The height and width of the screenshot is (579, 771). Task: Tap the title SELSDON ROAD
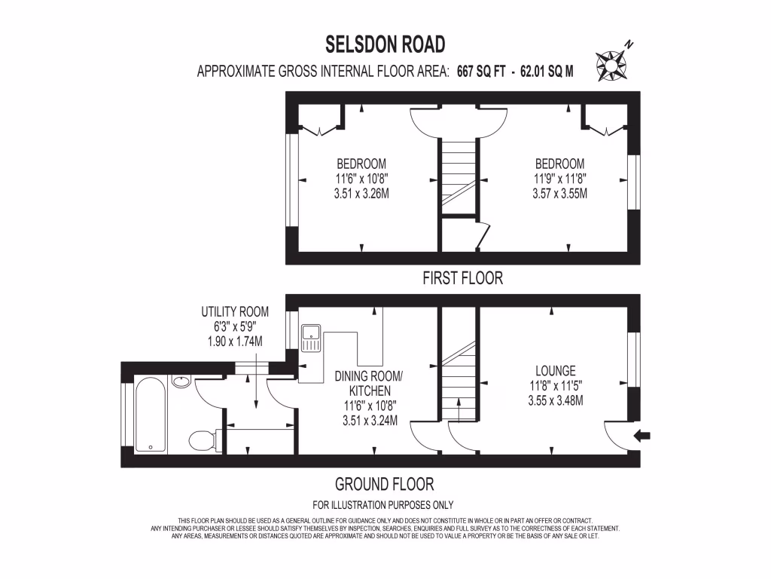click(x=385, y=44)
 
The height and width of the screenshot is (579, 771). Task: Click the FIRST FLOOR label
click(x=462, y=278)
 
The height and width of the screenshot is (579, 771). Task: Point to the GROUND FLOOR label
click(x=384, y=484)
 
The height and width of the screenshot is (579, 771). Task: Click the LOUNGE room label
click(x=556, y=371)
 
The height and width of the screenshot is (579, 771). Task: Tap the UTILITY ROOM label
click(x=235, y=311)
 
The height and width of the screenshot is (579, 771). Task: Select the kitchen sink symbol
click(x=310, y=339)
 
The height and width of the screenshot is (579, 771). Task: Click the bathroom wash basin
click(x=181, y=381)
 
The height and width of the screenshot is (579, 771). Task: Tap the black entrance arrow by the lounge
click(x=645, y=435)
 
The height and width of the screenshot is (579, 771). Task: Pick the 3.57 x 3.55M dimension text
click(x=559, y=194)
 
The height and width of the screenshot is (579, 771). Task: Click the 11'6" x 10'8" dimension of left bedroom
click(x=361, y=179)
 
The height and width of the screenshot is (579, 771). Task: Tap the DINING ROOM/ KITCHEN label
click(x=370, y=383)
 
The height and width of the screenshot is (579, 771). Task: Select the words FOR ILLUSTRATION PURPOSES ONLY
click(x=383, y=505)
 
